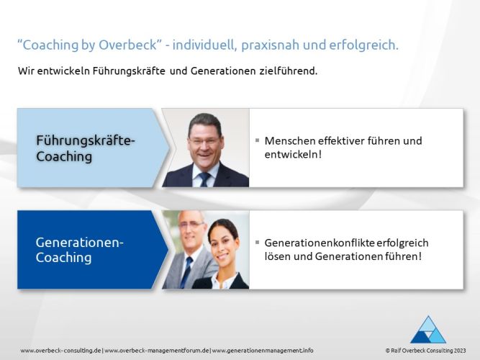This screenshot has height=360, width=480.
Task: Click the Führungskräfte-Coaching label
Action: (x=85, y=148)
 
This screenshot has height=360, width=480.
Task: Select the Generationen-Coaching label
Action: (x=79, y=250)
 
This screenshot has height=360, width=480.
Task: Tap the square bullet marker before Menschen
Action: (x=257, y=140)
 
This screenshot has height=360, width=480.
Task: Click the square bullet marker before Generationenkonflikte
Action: (x=257, y=242)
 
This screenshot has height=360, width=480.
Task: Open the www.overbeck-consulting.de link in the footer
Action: (x=61, y=350)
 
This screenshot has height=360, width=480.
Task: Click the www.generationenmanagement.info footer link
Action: (x=263, y=350)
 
